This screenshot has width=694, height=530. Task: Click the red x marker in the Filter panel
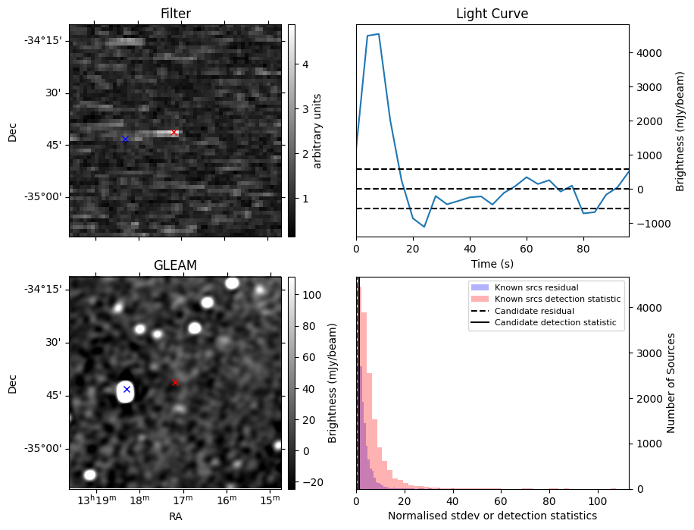(x=173, y=132)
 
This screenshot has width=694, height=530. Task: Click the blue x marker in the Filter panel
(x=125, y=139)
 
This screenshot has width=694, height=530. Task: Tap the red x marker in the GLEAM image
(x=175, y=382)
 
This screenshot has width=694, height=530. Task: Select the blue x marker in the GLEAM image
(x=127, y=389)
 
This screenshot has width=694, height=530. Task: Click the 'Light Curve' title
(x=492, y=14)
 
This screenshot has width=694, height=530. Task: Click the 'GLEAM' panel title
(x=175, y=265)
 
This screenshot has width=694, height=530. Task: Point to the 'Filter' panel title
(x=175, y=14)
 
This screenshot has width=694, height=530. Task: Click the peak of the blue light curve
(x=378, y=34)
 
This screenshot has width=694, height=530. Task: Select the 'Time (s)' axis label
(x=492, y=264)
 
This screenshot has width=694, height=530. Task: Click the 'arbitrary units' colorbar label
(x=317, y=130)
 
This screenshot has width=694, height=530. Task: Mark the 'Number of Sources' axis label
(x=671, y=383)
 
